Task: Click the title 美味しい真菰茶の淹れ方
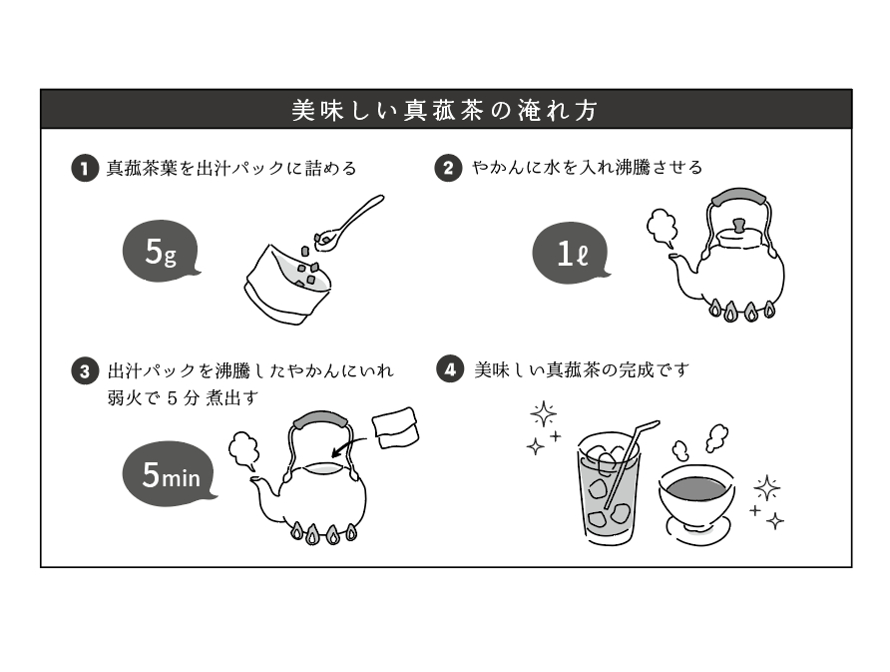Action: coord(445,110)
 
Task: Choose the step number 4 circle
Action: coord(450,370)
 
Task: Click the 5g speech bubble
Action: coord(160,253)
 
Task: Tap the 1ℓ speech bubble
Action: coord(571,253)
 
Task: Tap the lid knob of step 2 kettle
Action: coord(738,225)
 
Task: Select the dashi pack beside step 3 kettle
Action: coord(396,425)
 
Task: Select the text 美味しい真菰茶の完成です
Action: coord(582,370)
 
